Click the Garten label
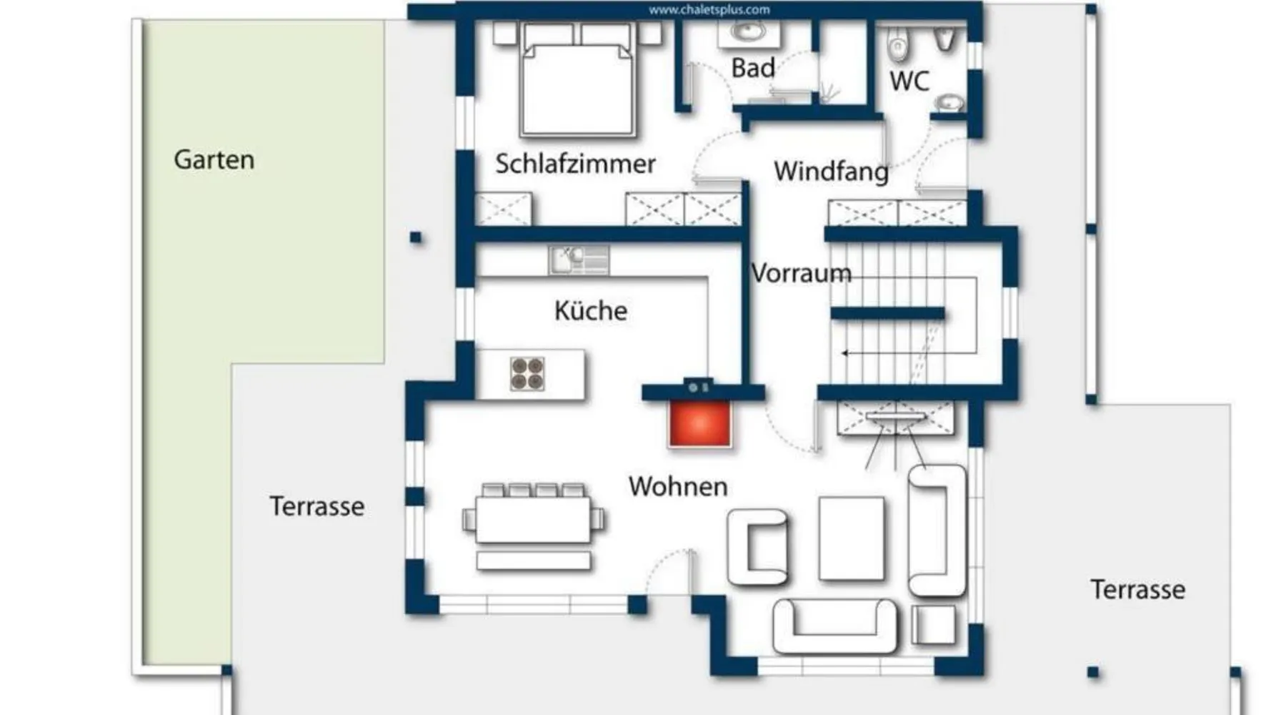(x=214, y=159)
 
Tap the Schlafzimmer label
(x=575, y=164)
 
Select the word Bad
(x=753, y=68)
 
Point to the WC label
(x=909, y=81)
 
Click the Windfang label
(x=832, y=172)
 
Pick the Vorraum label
(x=802, y=273)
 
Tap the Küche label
(x=591, y=310)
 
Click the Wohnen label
(x=678, y=486)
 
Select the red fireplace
(x=699, y=423)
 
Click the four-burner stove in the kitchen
(x=527, y=374)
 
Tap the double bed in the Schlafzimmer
(x=577, y=79)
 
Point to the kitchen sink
(x=579, y=260)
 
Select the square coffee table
(x=851, y=538)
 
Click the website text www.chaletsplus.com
(x=709, y=10)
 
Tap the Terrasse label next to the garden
(x=317, y=506)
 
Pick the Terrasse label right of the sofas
(x=1137, y=589)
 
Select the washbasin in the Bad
(x=747, y=33)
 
